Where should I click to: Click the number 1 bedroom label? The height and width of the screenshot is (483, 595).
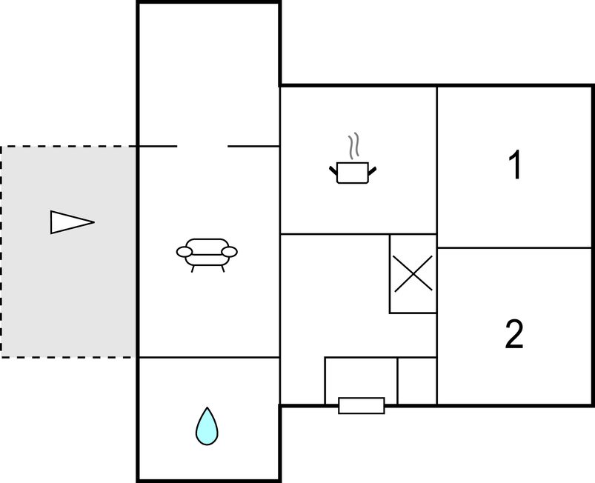click(516, 164)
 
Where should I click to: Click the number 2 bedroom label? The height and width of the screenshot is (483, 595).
click(514, 334)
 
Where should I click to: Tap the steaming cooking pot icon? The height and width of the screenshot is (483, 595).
click(353, 159)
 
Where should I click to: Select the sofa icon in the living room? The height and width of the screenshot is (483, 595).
click(207, 255)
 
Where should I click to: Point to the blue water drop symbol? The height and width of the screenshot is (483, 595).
click(207, 427)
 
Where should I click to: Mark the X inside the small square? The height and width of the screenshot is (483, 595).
click(413, 273)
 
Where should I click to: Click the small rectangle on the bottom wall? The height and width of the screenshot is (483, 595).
click(362, 406)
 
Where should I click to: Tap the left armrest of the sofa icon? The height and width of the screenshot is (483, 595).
click(185, 252)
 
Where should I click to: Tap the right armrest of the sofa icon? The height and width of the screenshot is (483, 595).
click(230, 252)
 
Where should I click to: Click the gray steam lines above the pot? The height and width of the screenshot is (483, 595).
click(353, 146)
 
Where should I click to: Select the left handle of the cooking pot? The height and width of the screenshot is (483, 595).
click(333, 170)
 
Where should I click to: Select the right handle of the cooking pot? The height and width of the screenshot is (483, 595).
click(372, 170)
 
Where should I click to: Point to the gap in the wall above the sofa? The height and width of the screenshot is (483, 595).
click(202, 146)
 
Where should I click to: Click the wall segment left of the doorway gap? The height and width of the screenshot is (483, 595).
click(158, 146)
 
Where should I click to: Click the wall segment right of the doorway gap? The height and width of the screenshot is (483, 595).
click(253, 146)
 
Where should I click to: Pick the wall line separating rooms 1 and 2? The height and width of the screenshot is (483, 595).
click(514, 248)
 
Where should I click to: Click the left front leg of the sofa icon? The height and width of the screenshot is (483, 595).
click(193, 269)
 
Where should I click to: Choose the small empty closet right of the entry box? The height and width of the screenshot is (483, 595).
click(417, 381)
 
